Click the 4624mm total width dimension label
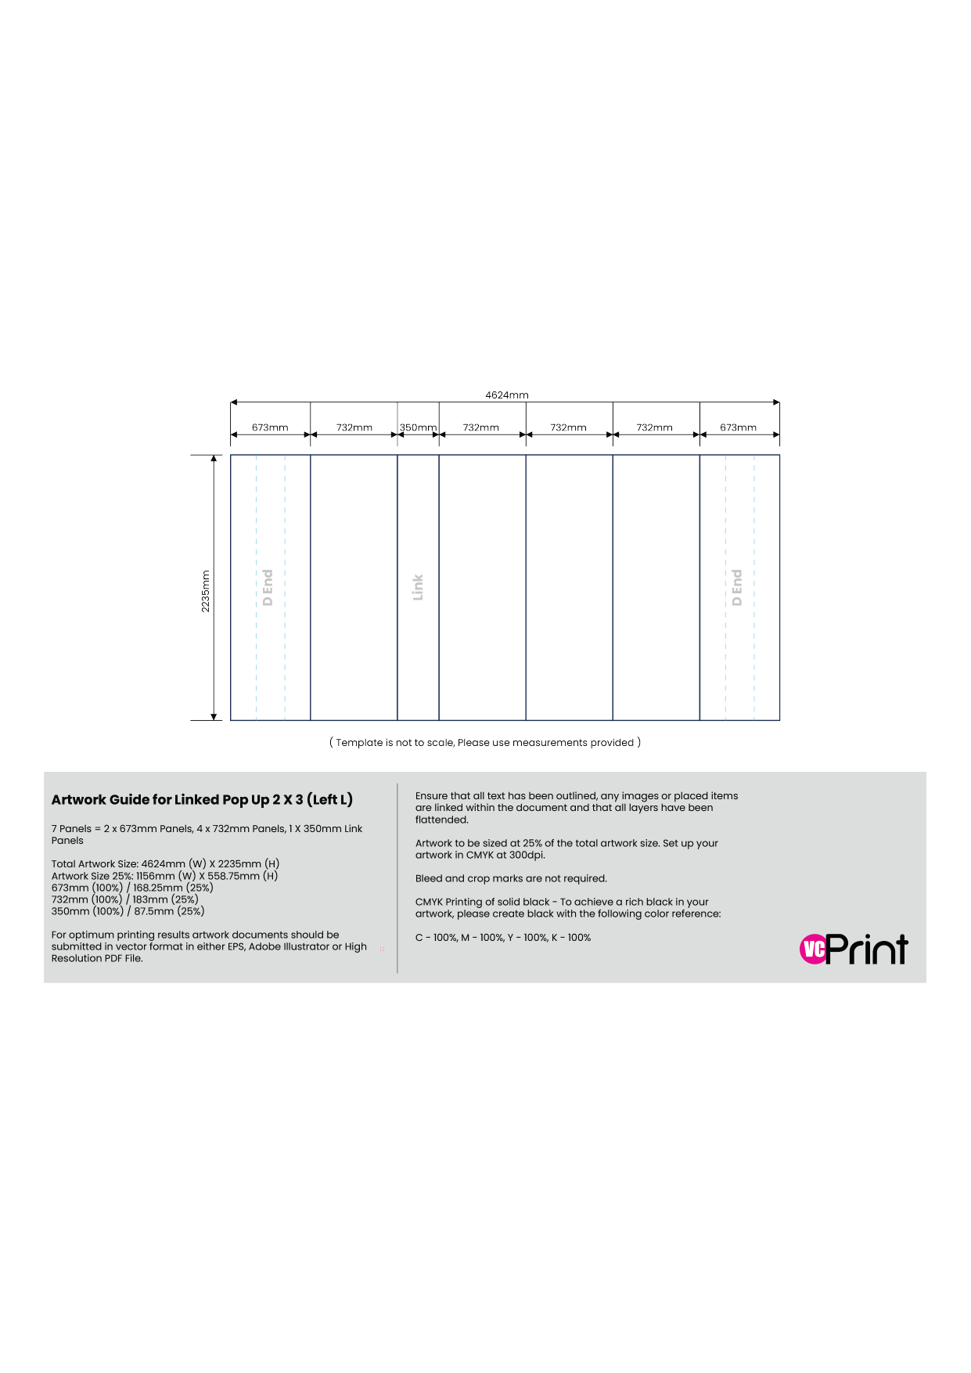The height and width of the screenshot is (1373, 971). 507,395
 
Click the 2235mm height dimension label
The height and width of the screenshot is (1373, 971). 206,591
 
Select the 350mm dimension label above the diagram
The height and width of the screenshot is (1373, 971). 418,427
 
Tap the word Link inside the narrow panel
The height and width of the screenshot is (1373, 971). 418,587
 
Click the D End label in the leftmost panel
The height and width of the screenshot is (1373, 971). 268,587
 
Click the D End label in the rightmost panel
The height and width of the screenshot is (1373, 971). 736,587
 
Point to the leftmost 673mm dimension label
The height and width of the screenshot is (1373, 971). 270,427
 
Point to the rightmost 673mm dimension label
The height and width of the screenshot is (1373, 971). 739,427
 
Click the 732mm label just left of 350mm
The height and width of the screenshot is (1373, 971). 354,427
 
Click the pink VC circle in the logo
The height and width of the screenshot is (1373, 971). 814,950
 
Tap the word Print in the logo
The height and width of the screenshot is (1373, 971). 867,949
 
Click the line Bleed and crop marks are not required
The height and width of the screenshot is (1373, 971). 511,878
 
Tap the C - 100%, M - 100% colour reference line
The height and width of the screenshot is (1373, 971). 503,938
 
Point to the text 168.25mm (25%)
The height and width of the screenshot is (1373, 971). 173,888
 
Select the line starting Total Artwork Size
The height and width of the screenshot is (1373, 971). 165,864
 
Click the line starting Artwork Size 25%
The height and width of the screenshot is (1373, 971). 164,876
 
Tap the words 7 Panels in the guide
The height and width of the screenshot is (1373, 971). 71,829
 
